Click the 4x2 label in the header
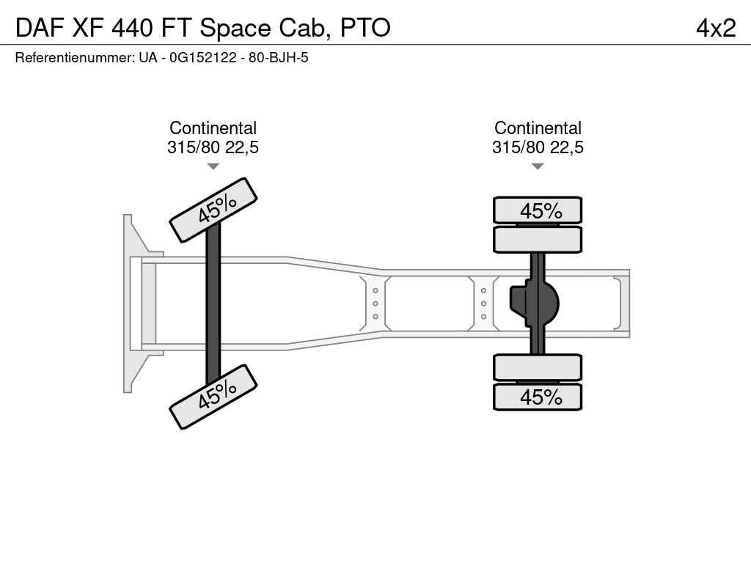[x=716, y=29]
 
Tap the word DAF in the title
[x=40, y=28]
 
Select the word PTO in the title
[x=365, y=28]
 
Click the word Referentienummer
[x=75, y=58]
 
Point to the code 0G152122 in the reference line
[x=203, y=58]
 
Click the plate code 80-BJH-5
[x=278, y=58]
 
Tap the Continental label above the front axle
[x=213, y=128]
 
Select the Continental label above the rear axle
[x=538, y=128]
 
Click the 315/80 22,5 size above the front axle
[x=213, y=147]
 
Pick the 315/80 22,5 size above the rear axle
[x=538, y=147]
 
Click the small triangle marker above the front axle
[x=213, y=166]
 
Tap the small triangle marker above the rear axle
[x=538, y=166]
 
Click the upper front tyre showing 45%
[x=213, y=210]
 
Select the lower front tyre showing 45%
[x=213, y=397]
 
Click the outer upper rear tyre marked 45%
[x=538, y=210]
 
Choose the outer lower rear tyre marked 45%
[x=538, y=397]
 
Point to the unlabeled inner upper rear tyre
[x=538, y=240]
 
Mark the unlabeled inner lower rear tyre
[x=538, y=368]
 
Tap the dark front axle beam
[x=213, y=303]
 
